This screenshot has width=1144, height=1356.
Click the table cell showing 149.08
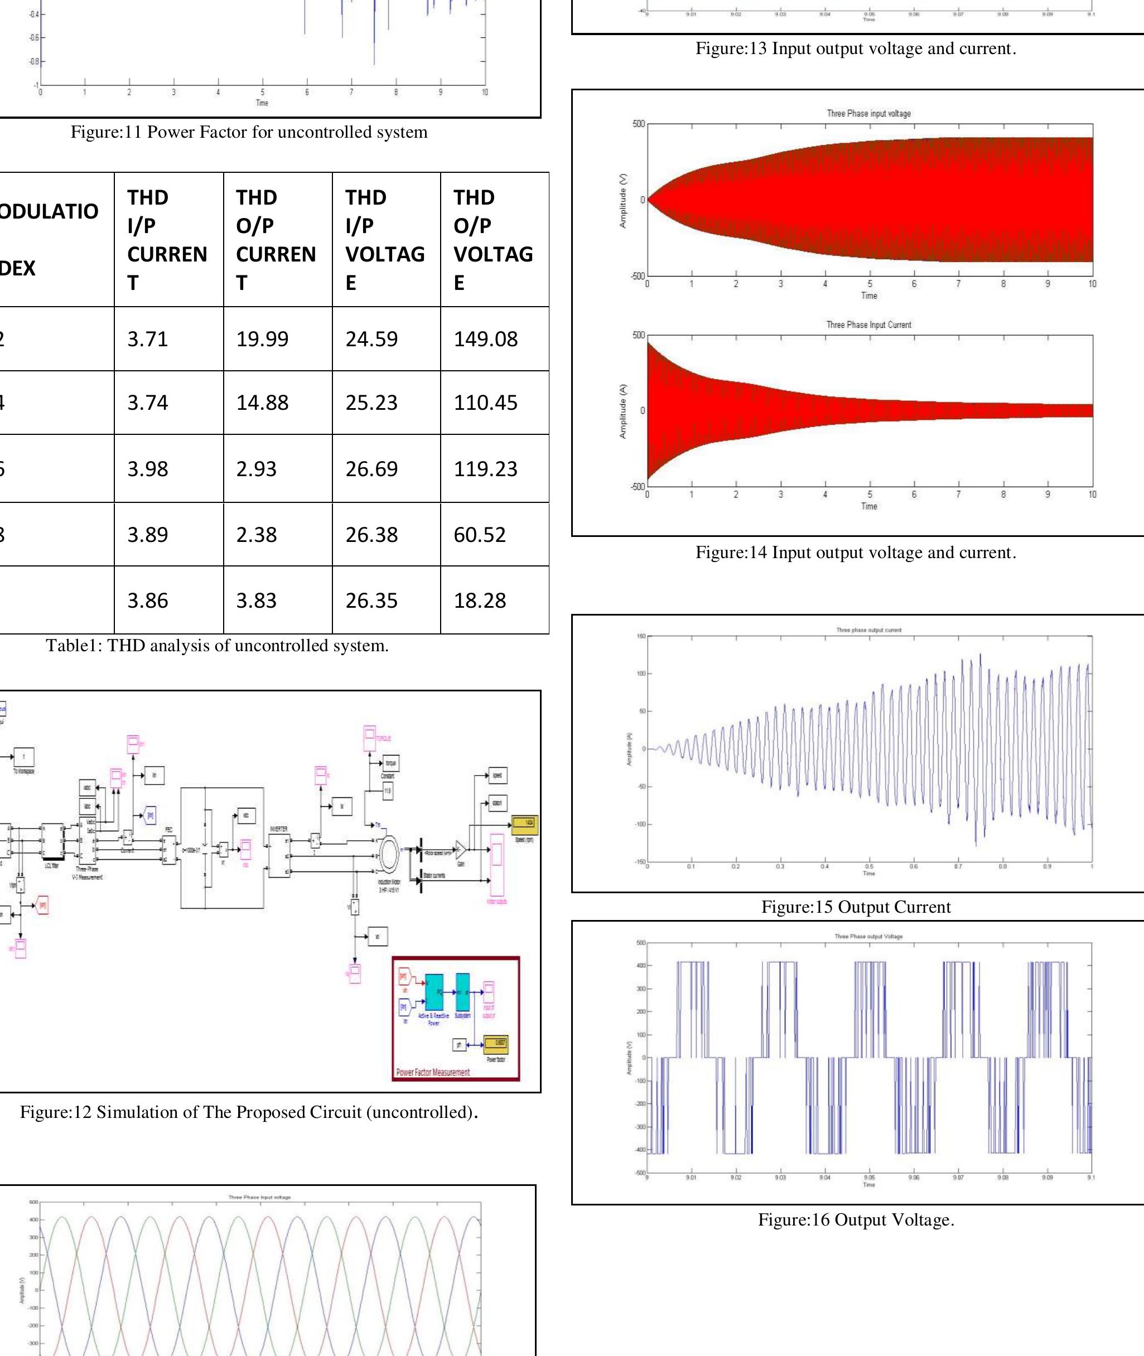[x=486, y=339]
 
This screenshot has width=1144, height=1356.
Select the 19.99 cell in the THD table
[x=262, y=339]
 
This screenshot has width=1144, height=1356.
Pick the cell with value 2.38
[x=256, y=535]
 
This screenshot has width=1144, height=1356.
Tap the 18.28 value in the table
[x=480, y=600]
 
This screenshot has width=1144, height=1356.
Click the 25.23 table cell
[x=371, y=403]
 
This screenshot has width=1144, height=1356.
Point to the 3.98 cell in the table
[x=148, y=469]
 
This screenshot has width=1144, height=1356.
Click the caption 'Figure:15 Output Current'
[x=856, y=907]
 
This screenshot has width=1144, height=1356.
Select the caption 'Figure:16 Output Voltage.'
[x=856, y=1220]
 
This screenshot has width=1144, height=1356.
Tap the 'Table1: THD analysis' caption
[x=218, y=646]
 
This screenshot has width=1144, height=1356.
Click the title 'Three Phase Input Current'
[x=868, y=325]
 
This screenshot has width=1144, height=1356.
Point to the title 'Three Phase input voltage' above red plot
[x=868, y=113]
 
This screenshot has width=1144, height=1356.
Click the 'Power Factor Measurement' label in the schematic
[x=433, y=1072]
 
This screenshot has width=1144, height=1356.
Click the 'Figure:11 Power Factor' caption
[x=249, y=132]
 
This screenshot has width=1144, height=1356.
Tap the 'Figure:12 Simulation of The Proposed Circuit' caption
[x=249, y=1112]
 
